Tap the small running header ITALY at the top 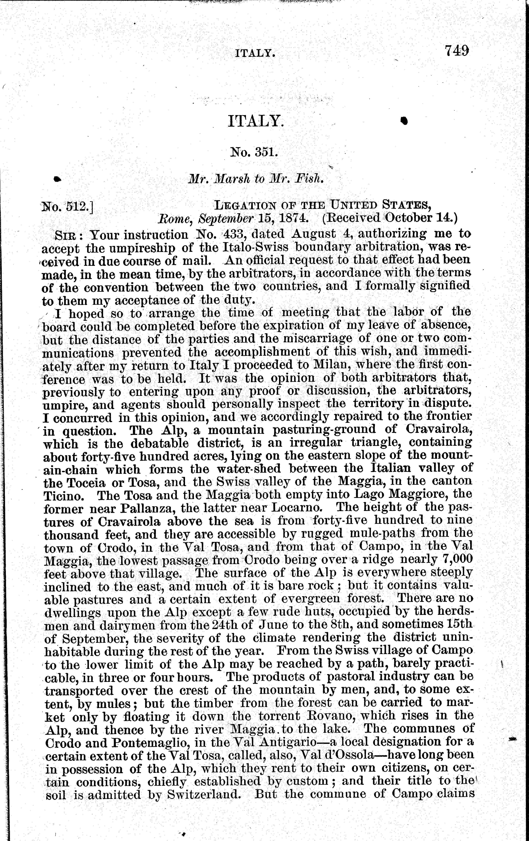[254, 53]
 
